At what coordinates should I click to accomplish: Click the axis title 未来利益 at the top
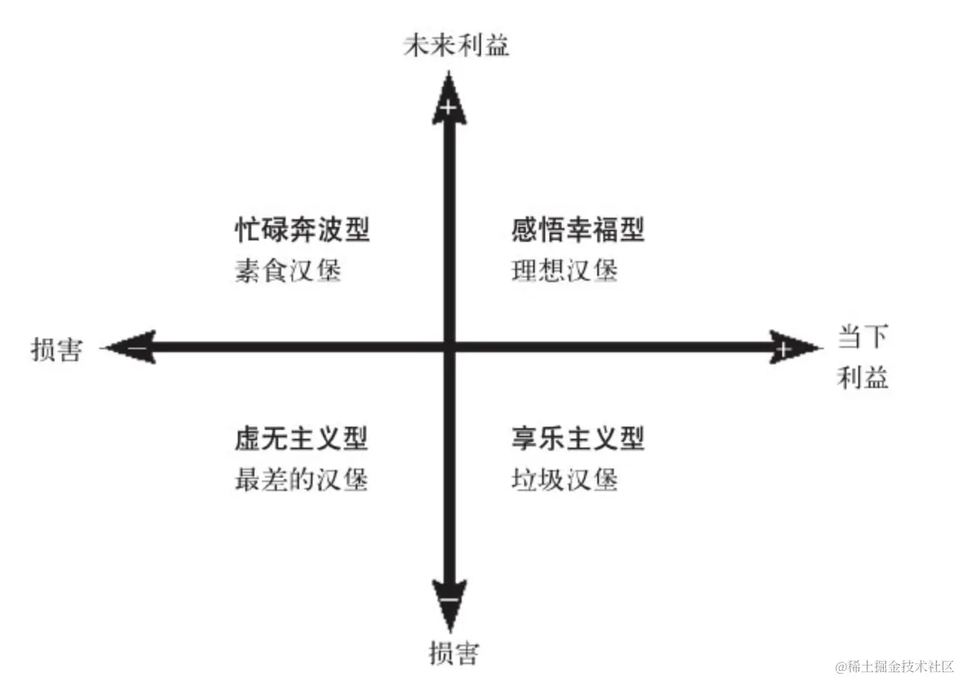[456, 47]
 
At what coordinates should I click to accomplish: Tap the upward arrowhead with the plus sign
[447, 101]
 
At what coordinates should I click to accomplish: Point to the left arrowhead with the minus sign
[134, 347]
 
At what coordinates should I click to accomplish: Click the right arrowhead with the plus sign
[790, 347]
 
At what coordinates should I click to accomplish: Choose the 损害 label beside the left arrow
[56, 349]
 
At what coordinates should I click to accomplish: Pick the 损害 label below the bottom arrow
[453, 653]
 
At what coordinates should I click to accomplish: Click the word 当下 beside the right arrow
[863, 337]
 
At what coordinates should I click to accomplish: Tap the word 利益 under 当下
[863, 378]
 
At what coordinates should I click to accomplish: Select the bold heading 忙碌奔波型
[302, 230]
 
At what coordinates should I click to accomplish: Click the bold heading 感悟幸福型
[577, 230]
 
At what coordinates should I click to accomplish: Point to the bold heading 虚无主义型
[301, 439]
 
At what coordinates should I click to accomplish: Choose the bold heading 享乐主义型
[577, 439]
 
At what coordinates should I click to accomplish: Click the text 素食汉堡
[288, 270]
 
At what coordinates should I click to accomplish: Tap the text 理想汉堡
[565, 270]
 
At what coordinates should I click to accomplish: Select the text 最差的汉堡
[301, 479]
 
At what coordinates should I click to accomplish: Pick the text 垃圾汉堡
[565, 479]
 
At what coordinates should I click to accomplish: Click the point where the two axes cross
[449, 347]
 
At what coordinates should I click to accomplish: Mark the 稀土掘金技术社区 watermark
[895, 666]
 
